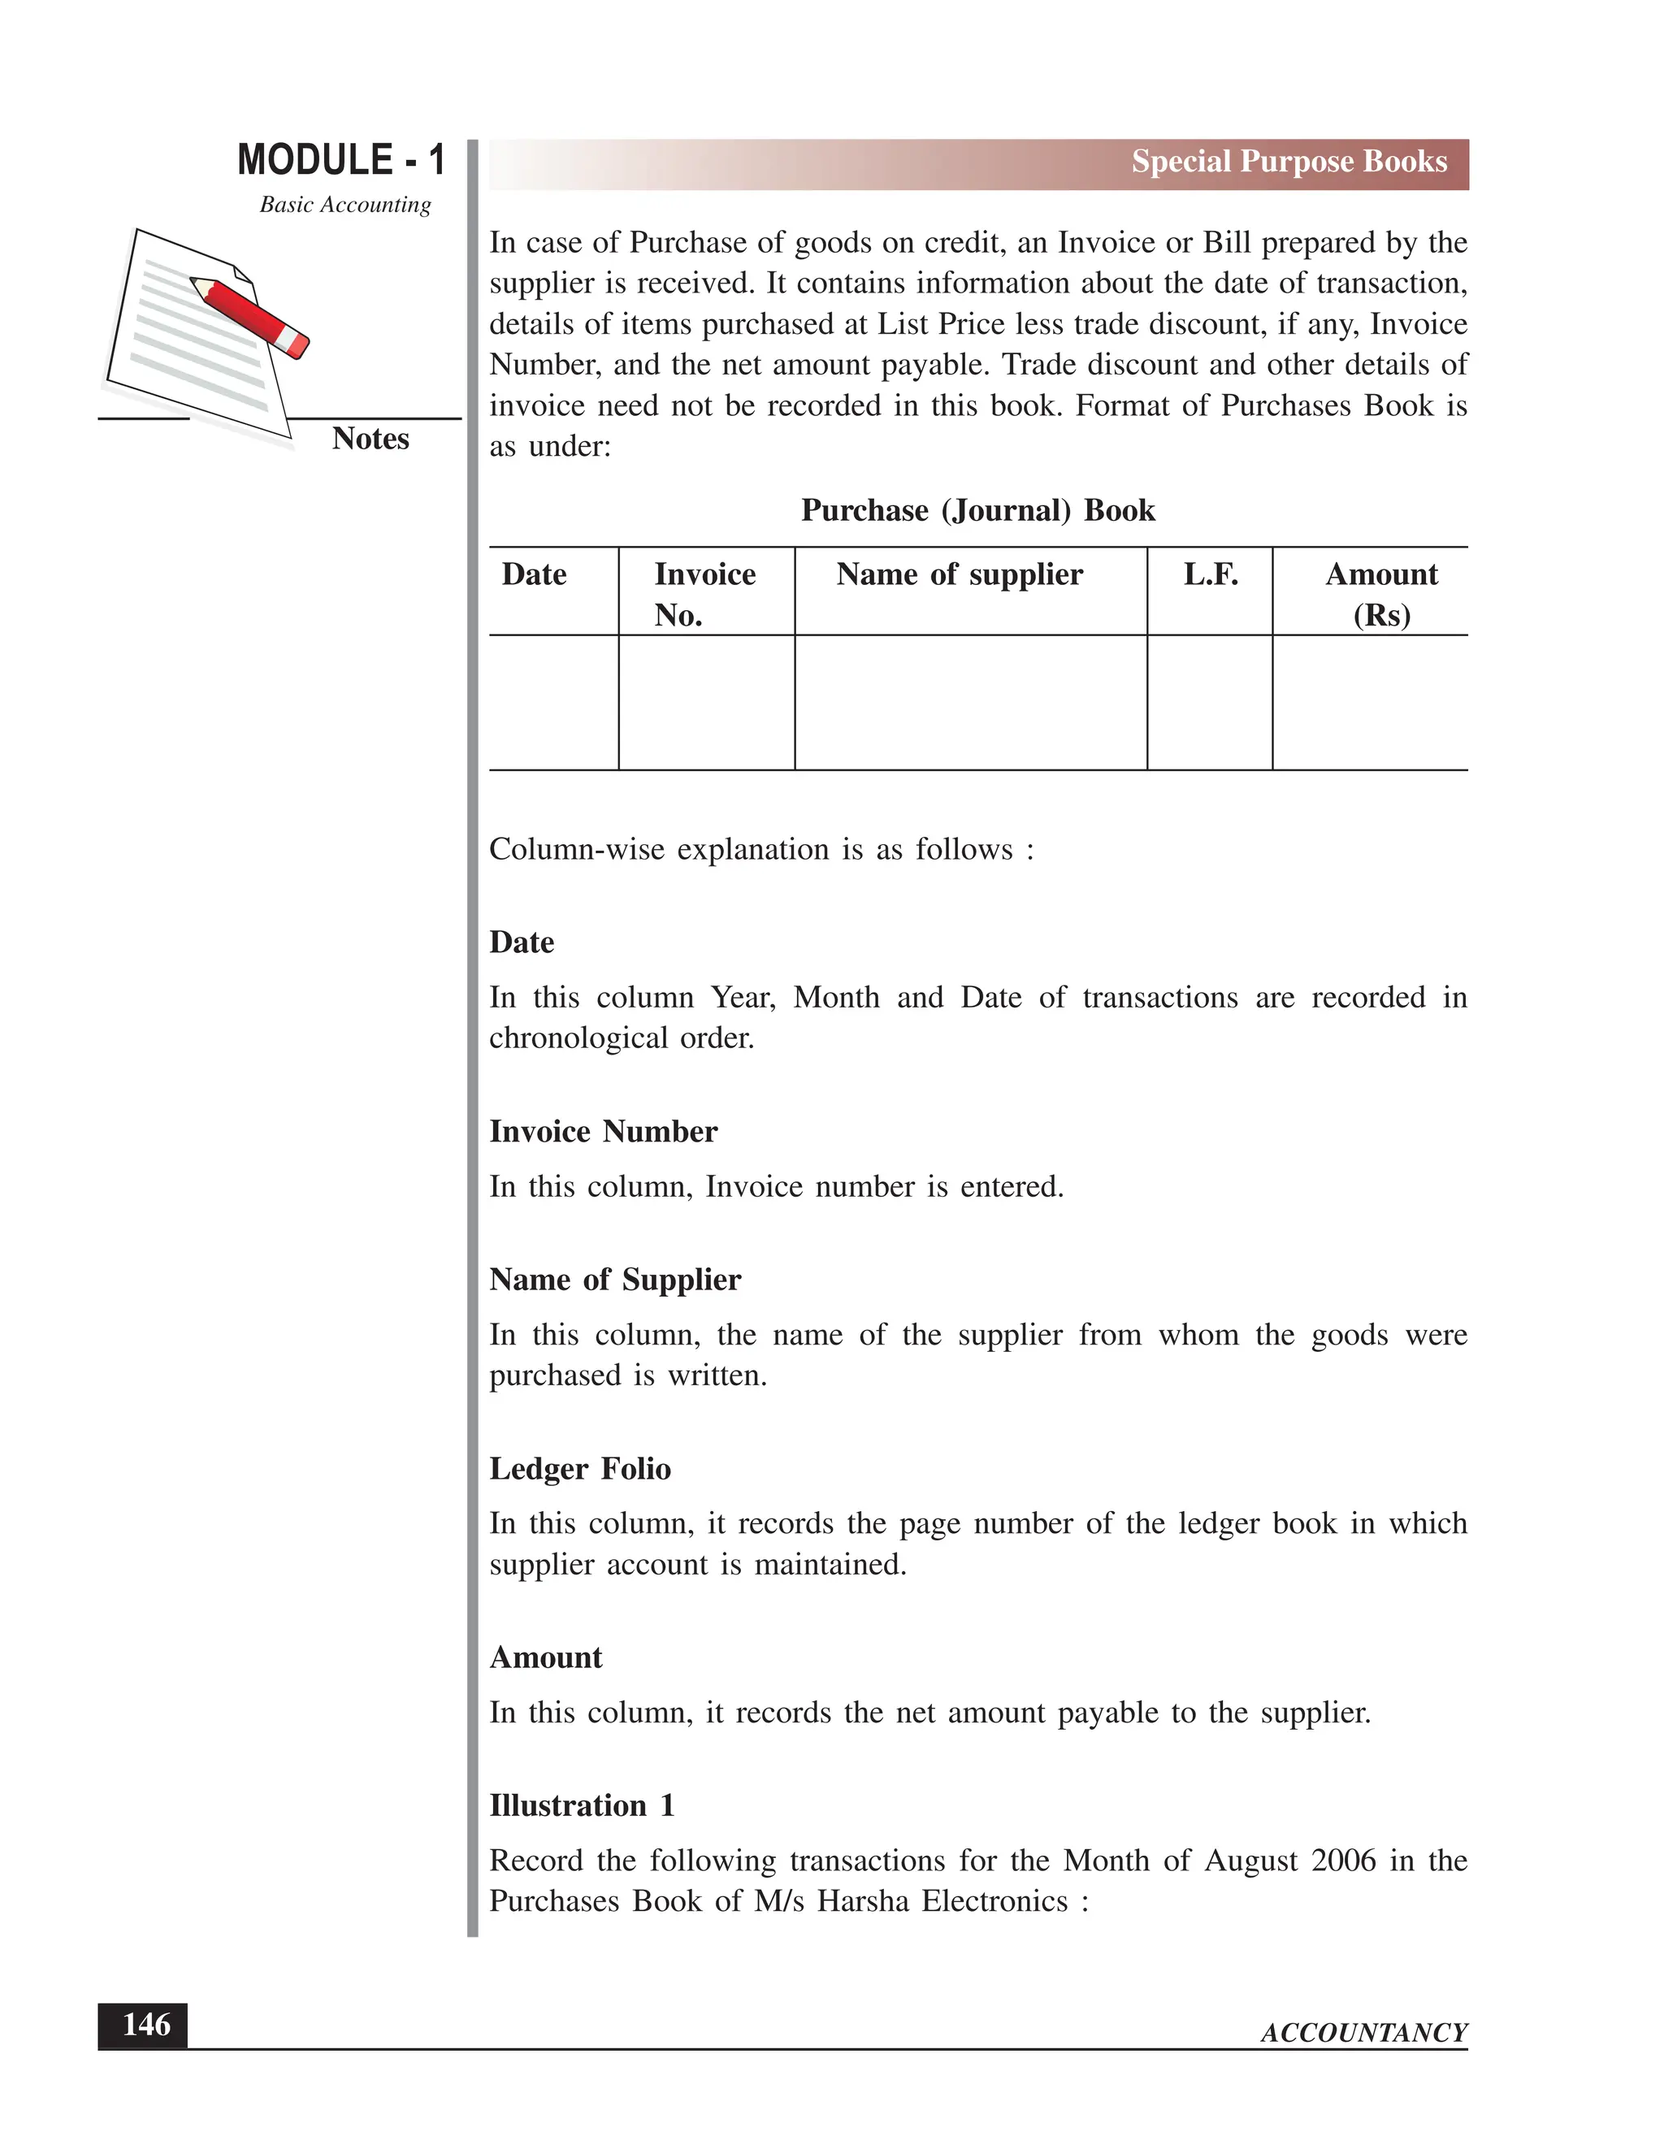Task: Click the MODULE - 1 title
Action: (x=341, y=160)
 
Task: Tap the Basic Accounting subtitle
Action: (x=345, y=204)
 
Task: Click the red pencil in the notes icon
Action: (x=251, y=314)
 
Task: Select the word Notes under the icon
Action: (x=370, y=439)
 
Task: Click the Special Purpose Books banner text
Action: (x=1289, y=162)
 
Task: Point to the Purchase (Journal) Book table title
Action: (x=977, y=511)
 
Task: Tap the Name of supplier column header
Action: (x=960, y=574)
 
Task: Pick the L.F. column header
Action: (x=1210, y=574)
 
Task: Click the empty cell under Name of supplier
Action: (x=970, y=702)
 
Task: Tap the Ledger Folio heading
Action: (x=579, y=1469)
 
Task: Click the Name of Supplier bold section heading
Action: (x=614, y=1280)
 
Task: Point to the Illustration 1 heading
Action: (x=582, y=1806)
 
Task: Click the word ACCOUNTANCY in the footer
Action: (x=1363, y=2033)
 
